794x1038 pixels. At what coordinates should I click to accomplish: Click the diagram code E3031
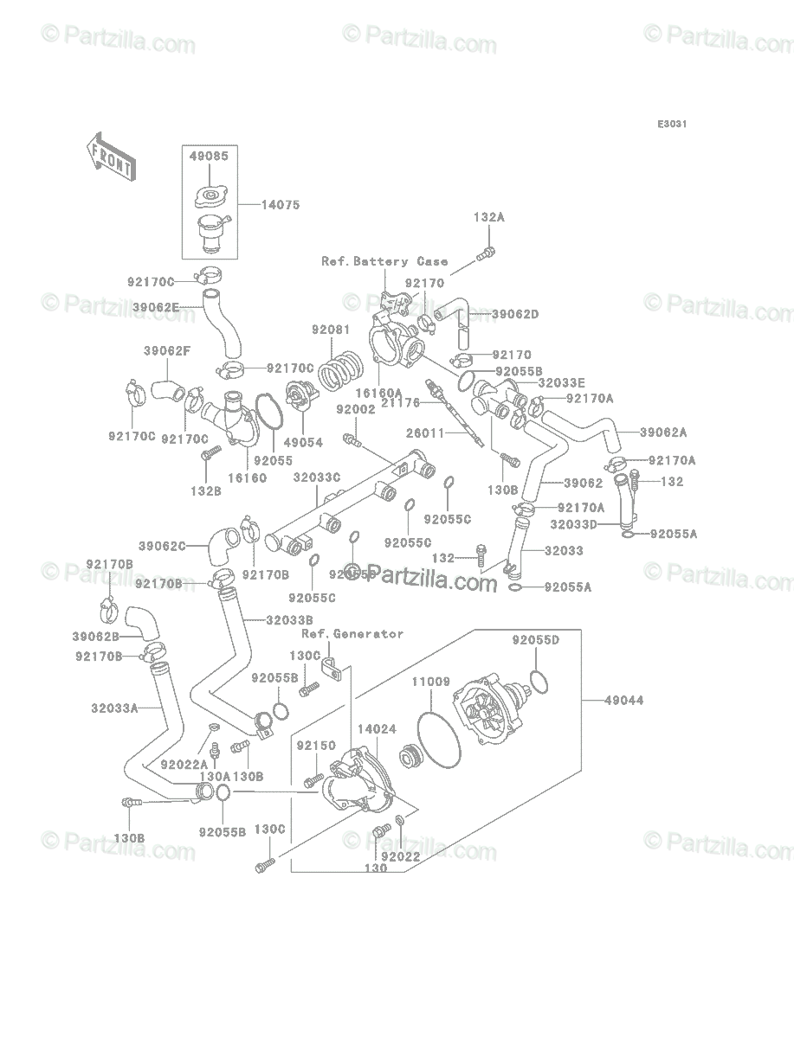[x=672, y=125]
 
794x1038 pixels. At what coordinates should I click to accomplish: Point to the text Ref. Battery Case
[x=384, y=261]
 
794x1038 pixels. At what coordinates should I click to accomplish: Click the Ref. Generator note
[x=352, y=633]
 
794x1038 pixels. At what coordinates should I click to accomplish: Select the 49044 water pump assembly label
[x=623, y=700]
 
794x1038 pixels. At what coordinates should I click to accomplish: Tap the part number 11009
[x=430, y=682]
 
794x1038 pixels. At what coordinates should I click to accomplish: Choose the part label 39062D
[x=515, y=314]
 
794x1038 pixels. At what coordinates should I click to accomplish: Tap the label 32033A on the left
[x=113, y=708]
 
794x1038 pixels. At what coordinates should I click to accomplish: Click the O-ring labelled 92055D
[x=538, y=681]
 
